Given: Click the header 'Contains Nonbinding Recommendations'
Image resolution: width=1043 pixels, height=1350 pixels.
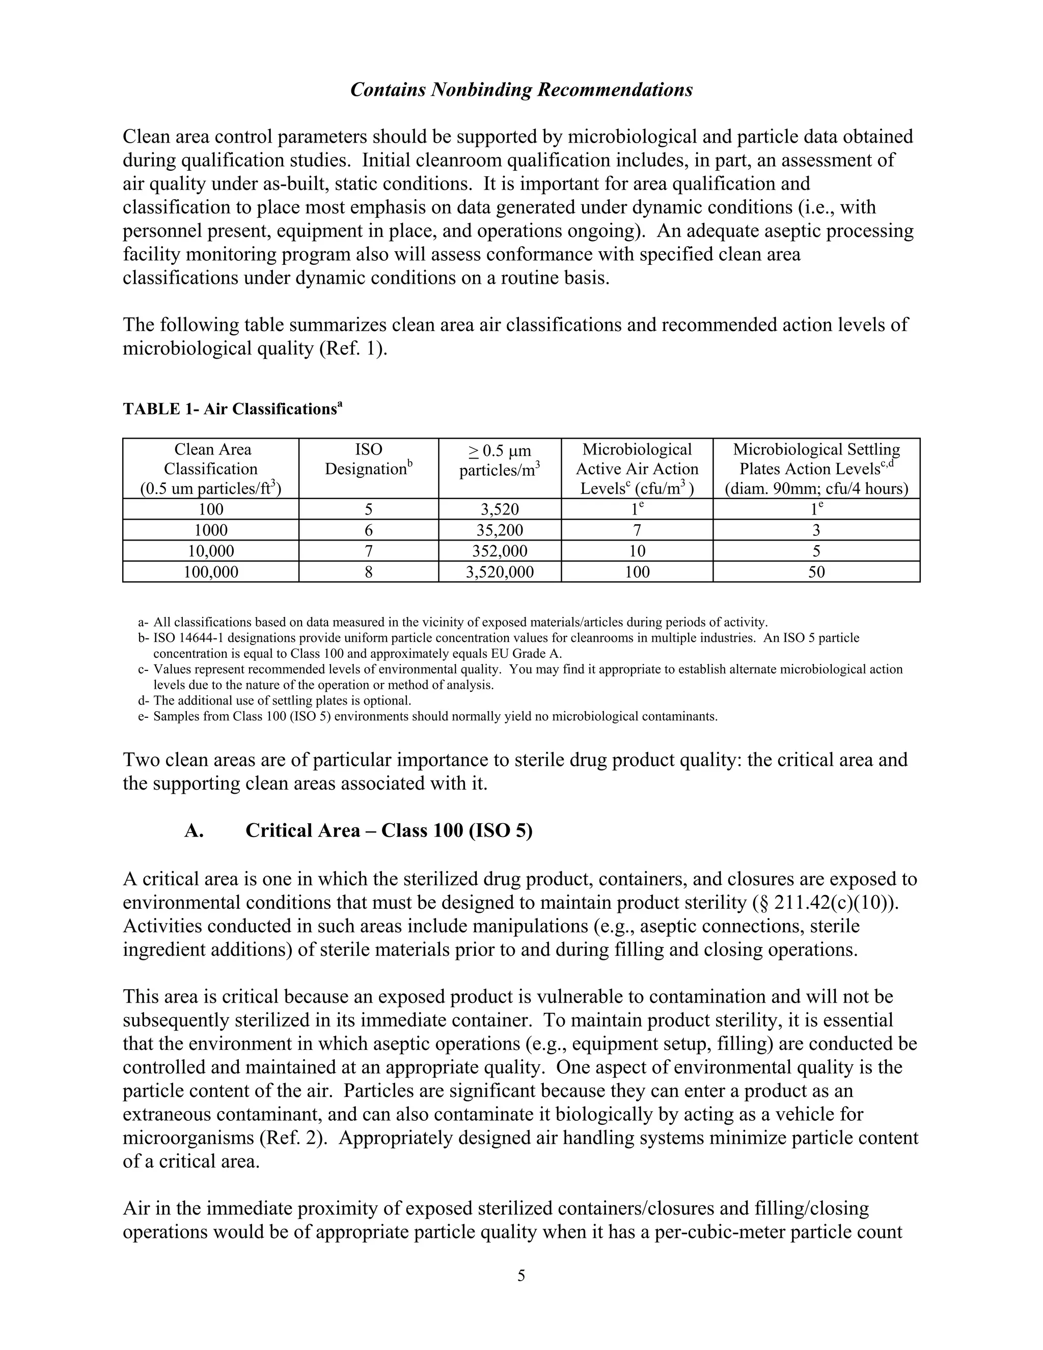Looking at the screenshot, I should click(521, 90).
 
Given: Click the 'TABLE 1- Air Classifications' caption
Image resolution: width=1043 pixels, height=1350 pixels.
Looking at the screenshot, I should click(232, 409).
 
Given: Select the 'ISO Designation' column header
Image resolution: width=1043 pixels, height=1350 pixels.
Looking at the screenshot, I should click(368, 460).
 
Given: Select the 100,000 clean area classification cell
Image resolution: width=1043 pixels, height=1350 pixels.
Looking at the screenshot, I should click(211, 572).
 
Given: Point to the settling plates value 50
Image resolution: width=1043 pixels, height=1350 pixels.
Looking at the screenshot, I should click(816, 572).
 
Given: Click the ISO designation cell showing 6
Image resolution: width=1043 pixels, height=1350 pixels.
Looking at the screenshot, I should click(368, 530).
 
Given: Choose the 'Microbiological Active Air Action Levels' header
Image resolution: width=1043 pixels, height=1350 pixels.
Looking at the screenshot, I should click(637, 469).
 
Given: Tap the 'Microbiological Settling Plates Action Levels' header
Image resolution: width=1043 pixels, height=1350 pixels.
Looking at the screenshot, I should click(816, 469).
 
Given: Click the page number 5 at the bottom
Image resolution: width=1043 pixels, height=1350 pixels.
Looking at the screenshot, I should click(521, 1276).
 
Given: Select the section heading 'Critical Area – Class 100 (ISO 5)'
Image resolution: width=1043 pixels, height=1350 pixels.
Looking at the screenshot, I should click(389, 830).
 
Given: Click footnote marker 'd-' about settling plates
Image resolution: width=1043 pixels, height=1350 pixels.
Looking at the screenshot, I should click(144, 701).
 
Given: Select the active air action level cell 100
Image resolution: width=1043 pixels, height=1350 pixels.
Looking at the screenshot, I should click(637, 572).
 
